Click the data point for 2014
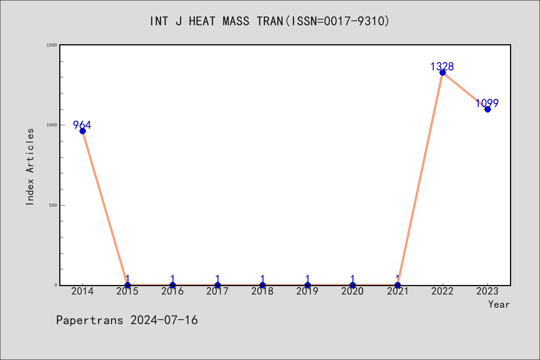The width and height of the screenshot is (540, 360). [x=82, y=131]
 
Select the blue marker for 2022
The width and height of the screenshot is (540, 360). [x=442, y=73]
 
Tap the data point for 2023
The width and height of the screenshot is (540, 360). [x=487, y=109]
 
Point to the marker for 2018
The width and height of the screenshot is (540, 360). [x=262, y=285]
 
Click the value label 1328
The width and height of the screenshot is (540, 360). [x=442, y=66]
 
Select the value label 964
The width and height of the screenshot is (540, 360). [x=82, y=125]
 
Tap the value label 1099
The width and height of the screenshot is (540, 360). [x=487, y=103]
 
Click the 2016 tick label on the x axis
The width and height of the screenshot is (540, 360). [x=172, y=291]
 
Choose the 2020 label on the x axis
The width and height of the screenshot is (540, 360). [x=352, y=291]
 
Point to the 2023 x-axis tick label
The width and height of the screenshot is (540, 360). [x=487, y=291]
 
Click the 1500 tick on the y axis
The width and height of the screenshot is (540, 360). [x=52, y=45]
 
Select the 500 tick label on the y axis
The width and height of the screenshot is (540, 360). [x=53, y=205]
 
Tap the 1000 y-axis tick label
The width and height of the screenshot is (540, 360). [x=52, y=125]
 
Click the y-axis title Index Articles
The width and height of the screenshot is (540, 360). [x=30, y=166]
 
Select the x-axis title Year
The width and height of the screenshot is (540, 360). [x=499, y=304]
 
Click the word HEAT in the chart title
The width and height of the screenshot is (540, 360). [x=202, y=21]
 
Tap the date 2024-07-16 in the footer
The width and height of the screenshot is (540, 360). [x=164, y=320]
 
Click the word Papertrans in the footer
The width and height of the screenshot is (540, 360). [x=90, y=320]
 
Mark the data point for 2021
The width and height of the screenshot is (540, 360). [x=397, y=285]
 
